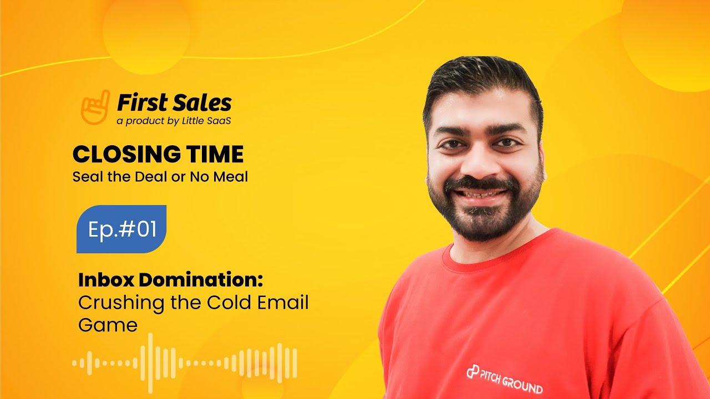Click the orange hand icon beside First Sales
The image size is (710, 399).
pyautogui.click(x=95, y=106)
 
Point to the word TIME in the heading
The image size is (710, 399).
pyautogui.click(x=218, y=155)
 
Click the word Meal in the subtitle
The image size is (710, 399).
pyautogui.click(x=232, y=178)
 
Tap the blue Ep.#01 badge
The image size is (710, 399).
pyautogui.click(x=121, y=229)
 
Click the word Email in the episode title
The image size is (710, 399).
pyautogui.click(x=281, y=303)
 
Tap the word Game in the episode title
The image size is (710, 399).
pyautogui.click(x=108, y=325)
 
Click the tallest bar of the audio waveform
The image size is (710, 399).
pyautogui.click(x=150, y=364)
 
